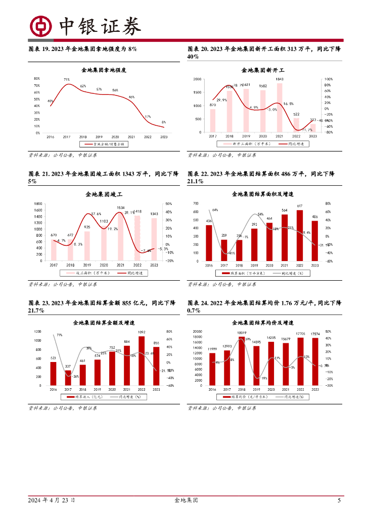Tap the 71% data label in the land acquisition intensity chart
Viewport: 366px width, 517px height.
click(x=66, y=79)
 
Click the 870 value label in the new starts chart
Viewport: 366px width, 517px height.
click(x=213, y=105)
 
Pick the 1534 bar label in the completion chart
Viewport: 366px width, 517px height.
click(x=121, y=208)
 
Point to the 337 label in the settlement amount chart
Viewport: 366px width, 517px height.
click(x=68, y=367)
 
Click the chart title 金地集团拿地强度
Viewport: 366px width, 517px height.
click(x=104, y=70)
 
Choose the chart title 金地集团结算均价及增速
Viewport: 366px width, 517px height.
click(x=263, y=322)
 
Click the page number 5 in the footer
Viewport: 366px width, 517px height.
click(x=339, y=500)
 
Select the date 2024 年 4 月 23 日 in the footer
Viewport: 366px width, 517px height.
click(x=52, y=500)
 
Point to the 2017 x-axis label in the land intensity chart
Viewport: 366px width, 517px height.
click(x=66, y=137)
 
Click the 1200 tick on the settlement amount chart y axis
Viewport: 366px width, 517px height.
click(x=38, y=331)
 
